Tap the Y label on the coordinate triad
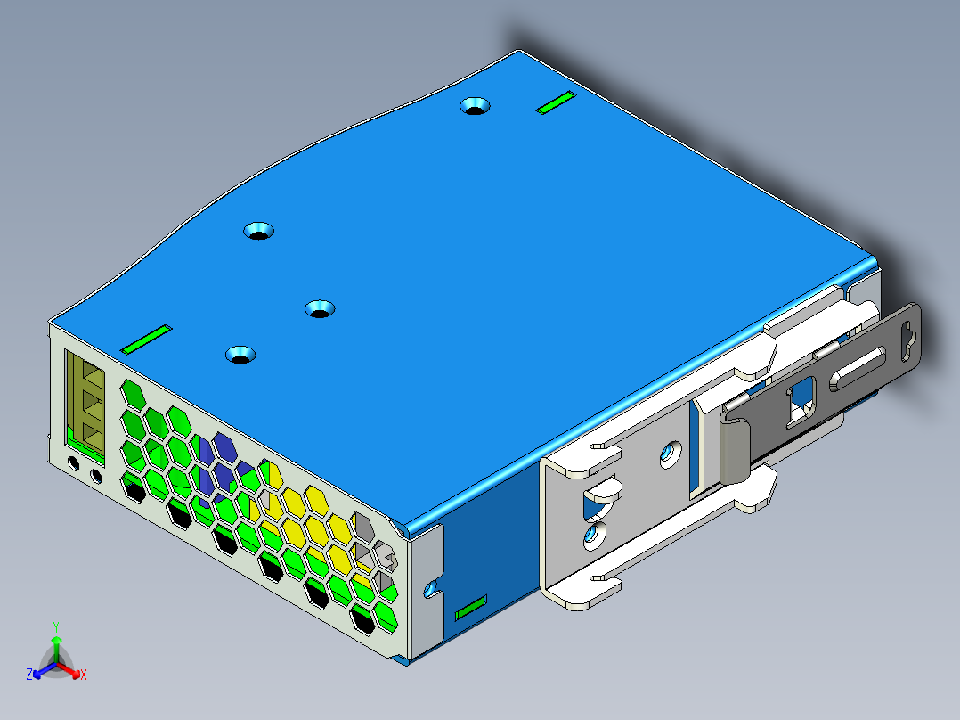click(56, 626)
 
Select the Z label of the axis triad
click(28, 674)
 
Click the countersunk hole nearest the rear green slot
click(476, 106)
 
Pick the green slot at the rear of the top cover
click(556, 102)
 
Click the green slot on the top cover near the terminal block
click(146, 339)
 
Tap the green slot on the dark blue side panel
click(471, 607)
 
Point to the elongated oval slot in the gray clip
click(857, 368)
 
